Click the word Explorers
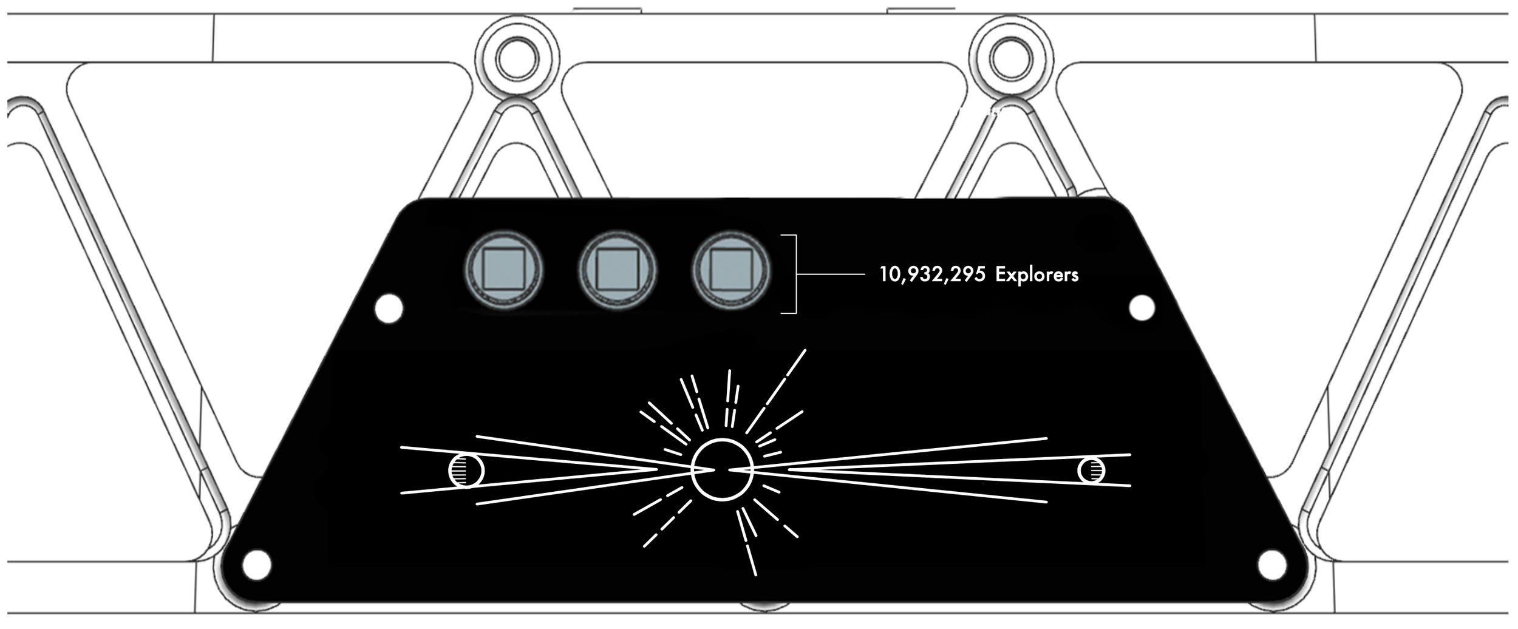click(1036, 275)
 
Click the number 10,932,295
click(933, 275)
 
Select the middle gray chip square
click(617, 269)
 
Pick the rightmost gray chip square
click(731, 269)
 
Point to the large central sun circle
click(722, 469)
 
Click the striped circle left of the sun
click(466, 471)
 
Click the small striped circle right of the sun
click(1091, 471)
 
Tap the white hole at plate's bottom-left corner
click(257, 565)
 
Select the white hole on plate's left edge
click(389, 308)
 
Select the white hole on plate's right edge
click(1142, 307)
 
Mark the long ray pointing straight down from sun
click(750, 559)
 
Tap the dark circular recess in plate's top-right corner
click(1096, 236)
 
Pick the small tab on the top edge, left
click(607, 10)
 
